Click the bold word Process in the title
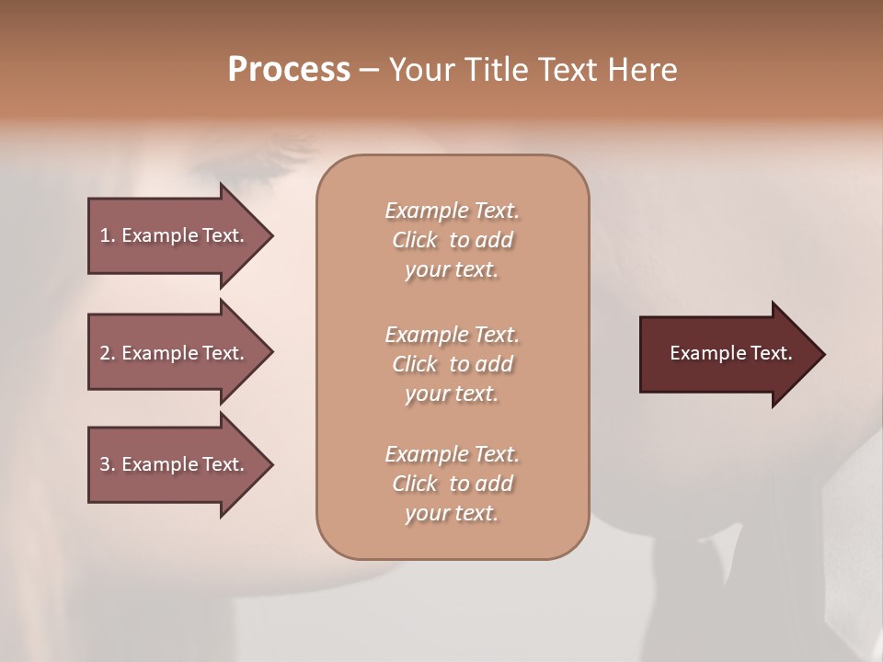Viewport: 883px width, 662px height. (289, 70)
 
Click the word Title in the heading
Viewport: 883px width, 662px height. (495, 70)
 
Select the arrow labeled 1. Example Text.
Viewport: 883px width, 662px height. (172, 235)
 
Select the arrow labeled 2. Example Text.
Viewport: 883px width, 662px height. (172, 353)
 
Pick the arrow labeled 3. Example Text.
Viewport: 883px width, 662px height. (172, 464)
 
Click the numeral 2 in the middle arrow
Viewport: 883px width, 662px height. (105, 353)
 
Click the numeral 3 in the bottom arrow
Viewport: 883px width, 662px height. (105, 464)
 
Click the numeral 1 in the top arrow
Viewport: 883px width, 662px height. (105, 235)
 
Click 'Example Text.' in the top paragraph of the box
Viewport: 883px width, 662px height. (452, 211)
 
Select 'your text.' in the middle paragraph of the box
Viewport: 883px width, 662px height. (452, 394)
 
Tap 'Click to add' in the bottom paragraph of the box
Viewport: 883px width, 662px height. (452, 484)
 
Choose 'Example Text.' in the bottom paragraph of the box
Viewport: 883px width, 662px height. (452, 454)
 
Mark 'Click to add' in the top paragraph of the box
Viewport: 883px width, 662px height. (452, 240)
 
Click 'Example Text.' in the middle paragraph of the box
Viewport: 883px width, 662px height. (452, 335)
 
